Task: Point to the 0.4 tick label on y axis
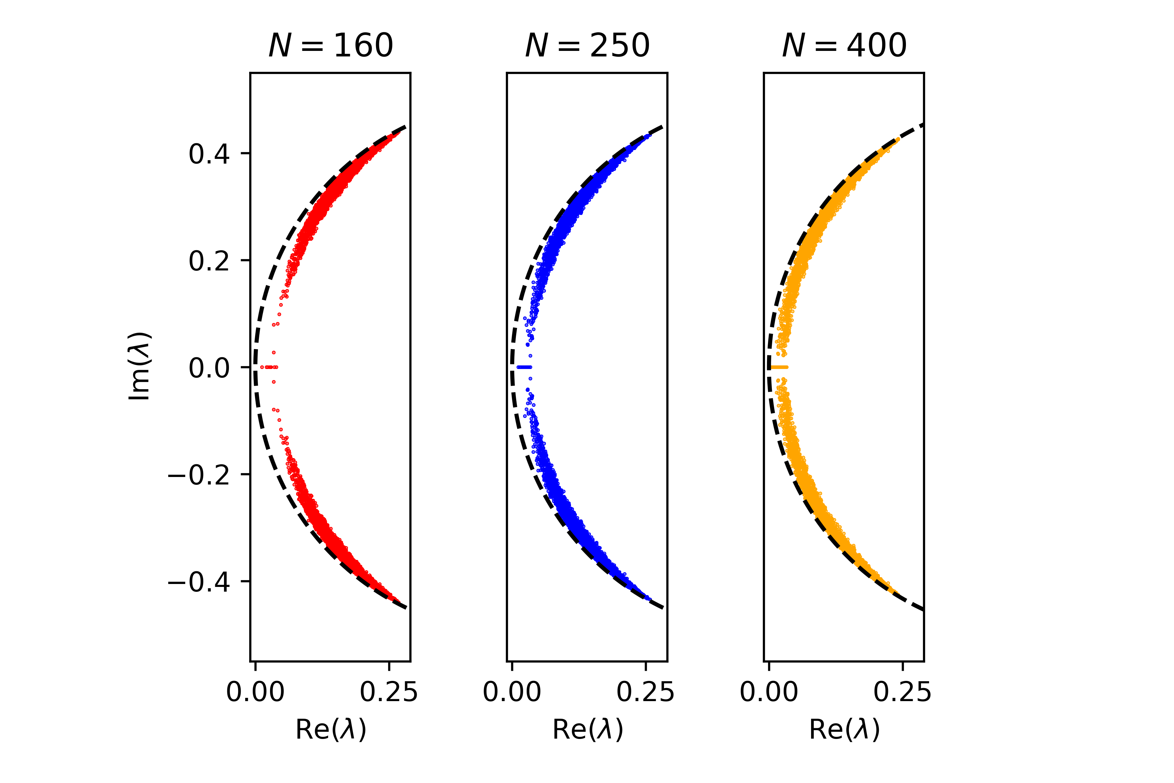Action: [209, 154]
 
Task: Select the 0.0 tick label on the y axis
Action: [209, 368]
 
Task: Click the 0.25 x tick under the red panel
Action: [389, 692]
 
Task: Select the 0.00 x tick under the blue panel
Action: [512, 692]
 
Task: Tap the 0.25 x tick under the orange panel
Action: [902, 692]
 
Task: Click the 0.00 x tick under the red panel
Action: [256, 692]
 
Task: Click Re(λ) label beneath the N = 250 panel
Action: [588, 729]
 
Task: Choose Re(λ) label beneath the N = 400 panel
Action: [844, 729]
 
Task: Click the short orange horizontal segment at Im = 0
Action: [779, 367]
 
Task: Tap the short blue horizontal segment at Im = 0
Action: [524, 367]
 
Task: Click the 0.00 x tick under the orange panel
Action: [769, 692]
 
